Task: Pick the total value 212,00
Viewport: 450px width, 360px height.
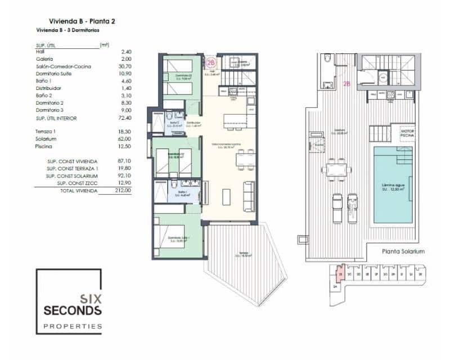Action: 123,191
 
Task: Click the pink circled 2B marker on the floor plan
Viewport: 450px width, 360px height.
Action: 211,63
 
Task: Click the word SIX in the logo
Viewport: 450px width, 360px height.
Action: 89,299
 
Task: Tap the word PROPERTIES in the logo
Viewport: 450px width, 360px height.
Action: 73,326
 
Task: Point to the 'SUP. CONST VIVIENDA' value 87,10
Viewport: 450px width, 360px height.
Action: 124,161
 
